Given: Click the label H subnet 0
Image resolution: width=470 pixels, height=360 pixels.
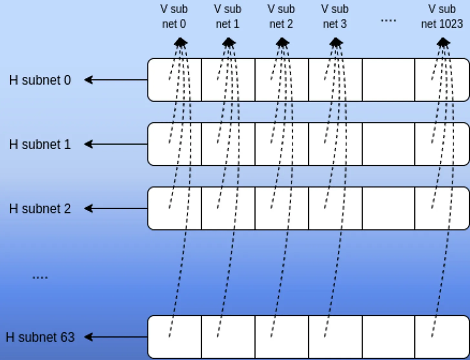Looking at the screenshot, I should pos(40,80).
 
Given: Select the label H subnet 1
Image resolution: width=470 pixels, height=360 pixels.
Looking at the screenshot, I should pos(40,144).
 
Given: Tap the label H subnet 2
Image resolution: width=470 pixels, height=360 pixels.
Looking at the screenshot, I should pos(40,209).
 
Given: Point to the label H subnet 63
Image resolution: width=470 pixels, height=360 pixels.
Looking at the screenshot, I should pos(40,337).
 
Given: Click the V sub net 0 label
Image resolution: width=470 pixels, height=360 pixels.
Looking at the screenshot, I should pos(174,16).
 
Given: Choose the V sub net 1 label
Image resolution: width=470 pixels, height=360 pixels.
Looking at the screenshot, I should pos(228,16).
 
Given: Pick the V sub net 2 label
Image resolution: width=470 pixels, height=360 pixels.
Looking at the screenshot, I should pos(281,16).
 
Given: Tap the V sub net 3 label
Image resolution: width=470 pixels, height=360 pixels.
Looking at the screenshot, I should pos(335,16).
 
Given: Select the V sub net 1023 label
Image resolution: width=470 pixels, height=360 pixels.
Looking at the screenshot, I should pos(442,16).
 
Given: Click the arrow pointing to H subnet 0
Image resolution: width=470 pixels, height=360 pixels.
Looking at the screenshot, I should pos(116,80).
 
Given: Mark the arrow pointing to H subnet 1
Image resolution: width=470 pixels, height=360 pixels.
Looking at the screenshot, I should pos(116,144).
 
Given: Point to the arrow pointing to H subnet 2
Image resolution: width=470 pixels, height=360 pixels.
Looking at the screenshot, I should pos(116,208).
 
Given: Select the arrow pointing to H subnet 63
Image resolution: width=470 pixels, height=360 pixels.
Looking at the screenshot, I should pos(116,337).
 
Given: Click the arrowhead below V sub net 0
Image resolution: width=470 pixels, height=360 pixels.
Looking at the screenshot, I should pos(180,42).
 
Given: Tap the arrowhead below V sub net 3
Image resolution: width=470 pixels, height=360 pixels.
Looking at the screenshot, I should pos(336,42).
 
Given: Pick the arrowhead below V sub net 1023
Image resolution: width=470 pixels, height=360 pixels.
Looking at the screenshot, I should pos(443,42).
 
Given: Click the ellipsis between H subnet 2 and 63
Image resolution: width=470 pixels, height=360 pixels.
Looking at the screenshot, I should pos(40,277).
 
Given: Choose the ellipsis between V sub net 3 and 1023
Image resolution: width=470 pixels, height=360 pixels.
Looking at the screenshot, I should pos(388,20).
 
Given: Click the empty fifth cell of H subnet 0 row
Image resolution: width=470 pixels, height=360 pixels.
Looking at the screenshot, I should pos(388,80).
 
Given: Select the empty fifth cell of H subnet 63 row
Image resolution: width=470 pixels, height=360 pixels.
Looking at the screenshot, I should pos(388,337).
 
